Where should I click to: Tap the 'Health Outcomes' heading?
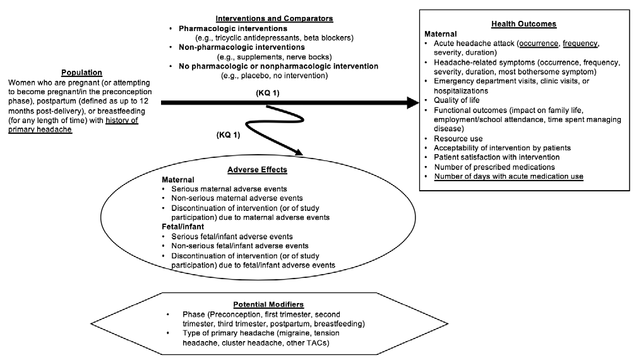(523, 23)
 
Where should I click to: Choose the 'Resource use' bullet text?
(458, 138)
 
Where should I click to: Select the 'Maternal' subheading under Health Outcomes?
(440, 33)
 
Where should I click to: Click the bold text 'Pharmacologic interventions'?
(233, 28)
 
